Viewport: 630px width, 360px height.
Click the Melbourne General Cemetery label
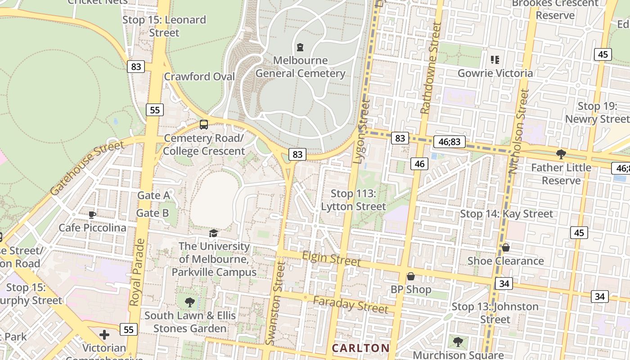click(x=300, y=67)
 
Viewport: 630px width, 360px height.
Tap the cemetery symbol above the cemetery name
click(x=300, y=47)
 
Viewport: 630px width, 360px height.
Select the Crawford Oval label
click(x=199, y=76)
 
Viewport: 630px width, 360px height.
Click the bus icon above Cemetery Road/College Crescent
click(x=204, y=125)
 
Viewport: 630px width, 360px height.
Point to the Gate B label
click(x=153, y=213)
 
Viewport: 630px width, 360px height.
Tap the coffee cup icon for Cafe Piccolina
click(x=92, y=215)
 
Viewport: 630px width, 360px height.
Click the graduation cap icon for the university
click(x=213, y=233)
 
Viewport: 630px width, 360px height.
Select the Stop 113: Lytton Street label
click(x=353, y=200)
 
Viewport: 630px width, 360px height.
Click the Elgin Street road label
click(x=331, y=259)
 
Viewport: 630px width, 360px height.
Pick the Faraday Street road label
click(x=351, y=305)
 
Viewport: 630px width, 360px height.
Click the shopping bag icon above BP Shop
click(x=410, y=276)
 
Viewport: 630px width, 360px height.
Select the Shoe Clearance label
click(x=505, y=261)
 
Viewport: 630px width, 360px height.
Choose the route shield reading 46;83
click(x=449, y=142)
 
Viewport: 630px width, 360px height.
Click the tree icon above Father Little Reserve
click(x=561, y=154)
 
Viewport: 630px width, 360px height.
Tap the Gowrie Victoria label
click(x=495, y=73)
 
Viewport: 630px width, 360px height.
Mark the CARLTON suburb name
click(x=360, y=348)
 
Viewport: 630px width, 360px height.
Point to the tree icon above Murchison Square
click(x=458, y=342)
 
